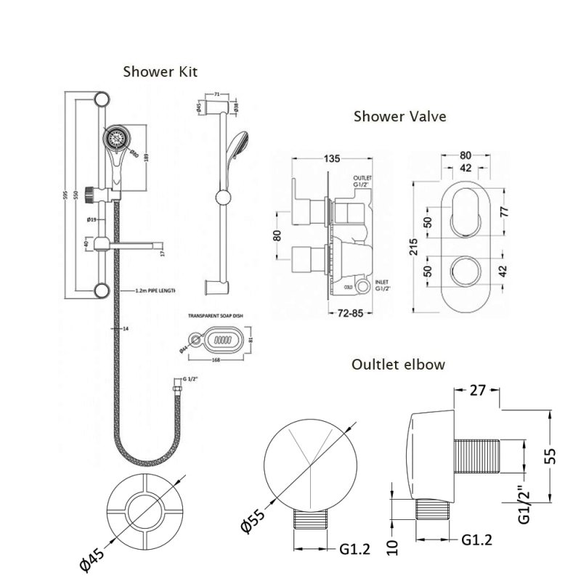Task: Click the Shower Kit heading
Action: click(160, 71)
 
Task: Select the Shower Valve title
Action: click(399, 115)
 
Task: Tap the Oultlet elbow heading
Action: click(397, 364)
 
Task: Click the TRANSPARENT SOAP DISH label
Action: click(214, 317)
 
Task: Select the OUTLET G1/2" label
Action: click(362, 182)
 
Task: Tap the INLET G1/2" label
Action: click(362, 283)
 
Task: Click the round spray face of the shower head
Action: click(115, 137)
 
